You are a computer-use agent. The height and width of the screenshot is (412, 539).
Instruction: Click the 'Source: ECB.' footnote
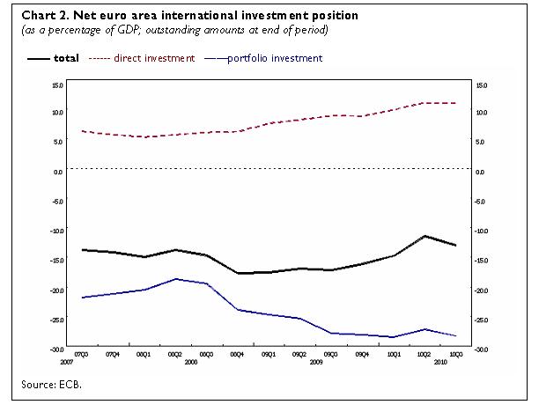(x=57, y=384)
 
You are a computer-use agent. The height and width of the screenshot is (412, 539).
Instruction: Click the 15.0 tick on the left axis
(x=57, y=85)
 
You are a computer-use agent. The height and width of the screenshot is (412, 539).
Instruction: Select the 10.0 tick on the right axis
(x=481, y=113)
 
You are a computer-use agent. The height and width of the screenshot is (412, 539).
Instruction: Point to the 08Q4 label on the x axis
(x=237, y=354)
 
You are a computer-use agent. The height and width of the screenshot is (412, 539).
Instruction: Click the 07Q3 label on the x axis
(x=82, y=354)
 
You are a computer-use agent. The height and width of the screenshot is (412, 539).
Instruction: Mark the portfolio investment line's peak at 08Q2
(x=176, y=278)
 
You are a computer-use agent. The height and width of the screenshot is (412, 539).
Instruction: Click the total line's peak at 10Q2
(x=425, y=236)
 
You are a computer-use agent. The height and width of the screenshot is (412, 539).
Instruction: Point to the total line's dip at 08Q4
(x=238, y=273)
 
